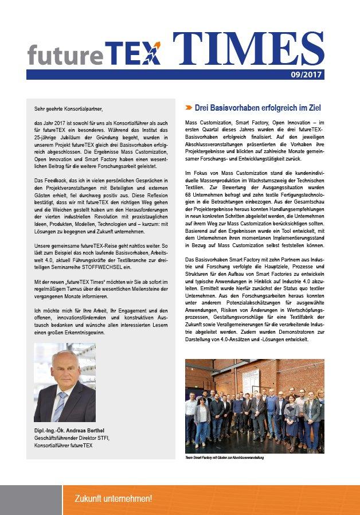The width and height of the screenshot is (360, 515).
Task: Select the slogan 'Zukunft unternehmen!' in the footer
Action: [114, 499]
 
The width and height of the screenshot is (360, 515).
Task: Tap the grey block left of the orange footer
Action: [31, 500]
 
